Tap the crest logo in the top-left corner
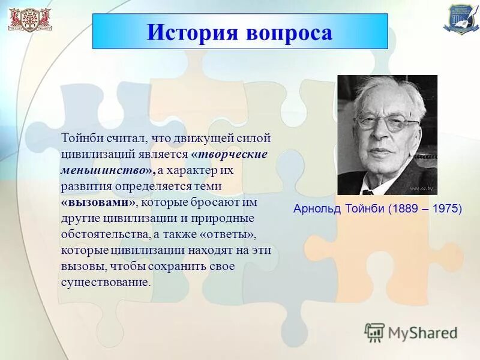(x=29, y=19)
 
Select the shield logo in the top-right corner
(x=458, y=18)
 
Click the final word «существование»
(x=104, y=282)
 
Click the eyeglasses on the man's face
(x=386, y=124)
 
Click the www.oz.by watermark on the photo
(x=422, y=188)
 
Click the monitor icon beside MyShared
(x=374, y=332)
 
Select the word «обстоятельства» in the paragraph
(x=102, y=234)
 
